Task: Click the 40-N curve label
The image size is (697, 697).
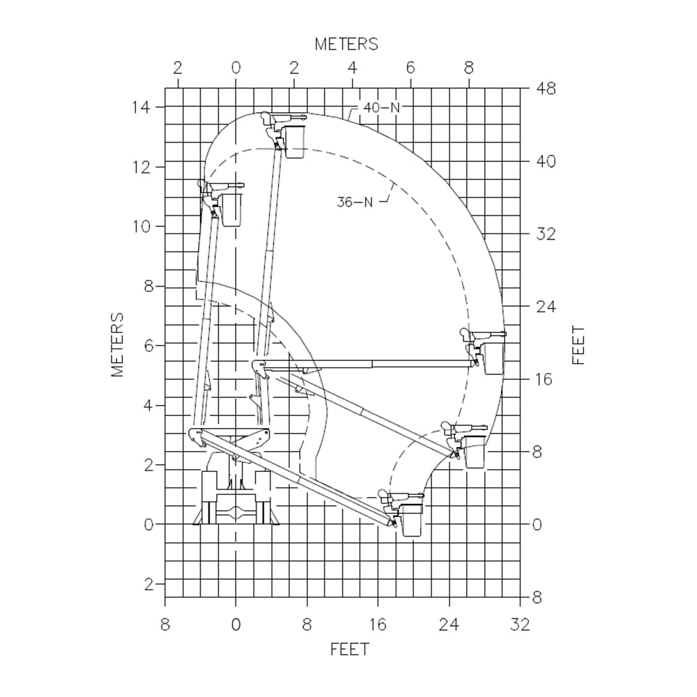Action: tap(381, 107)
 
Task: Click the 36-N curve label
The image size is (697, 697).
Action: tap(354, 202)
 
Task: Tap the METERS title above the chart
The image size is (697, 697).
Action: tap(346, 44)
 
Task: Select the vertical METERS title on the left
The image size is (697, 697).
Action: tap(117, 345)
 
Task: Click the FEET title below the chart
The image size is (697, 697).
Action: tap(349, 650)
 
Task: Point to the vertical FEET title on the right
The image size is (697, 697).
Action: tap(579, 346)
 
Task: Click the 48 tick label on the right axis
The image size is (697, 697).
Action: tap(546, 89)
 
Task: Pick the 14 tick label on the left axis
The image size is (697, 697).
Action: tap(141, 107)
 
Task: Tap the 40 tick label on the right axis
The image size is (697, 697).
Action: tap(546, 161)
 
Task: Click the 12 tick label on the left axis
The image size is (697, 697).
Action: tap(141, 167)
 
